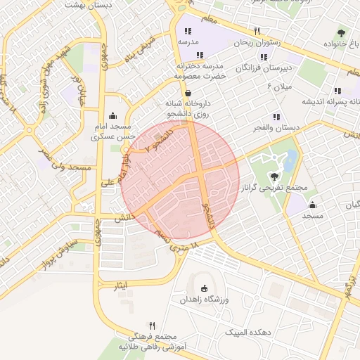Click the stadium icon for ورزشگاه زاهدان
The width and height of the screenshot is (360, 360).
click(204, 288)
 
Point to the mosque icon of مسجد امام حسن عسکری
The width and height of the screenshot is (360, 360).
click(112, 116)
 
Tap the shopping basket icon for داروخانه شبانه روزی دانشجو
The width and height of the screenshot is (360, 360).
click(187, 93)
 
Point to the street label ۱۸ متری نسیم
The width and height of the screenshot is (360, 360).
click(176, 238)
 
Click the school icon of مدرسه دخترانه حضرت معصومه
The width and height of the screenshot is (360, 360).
click(200, 54)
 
